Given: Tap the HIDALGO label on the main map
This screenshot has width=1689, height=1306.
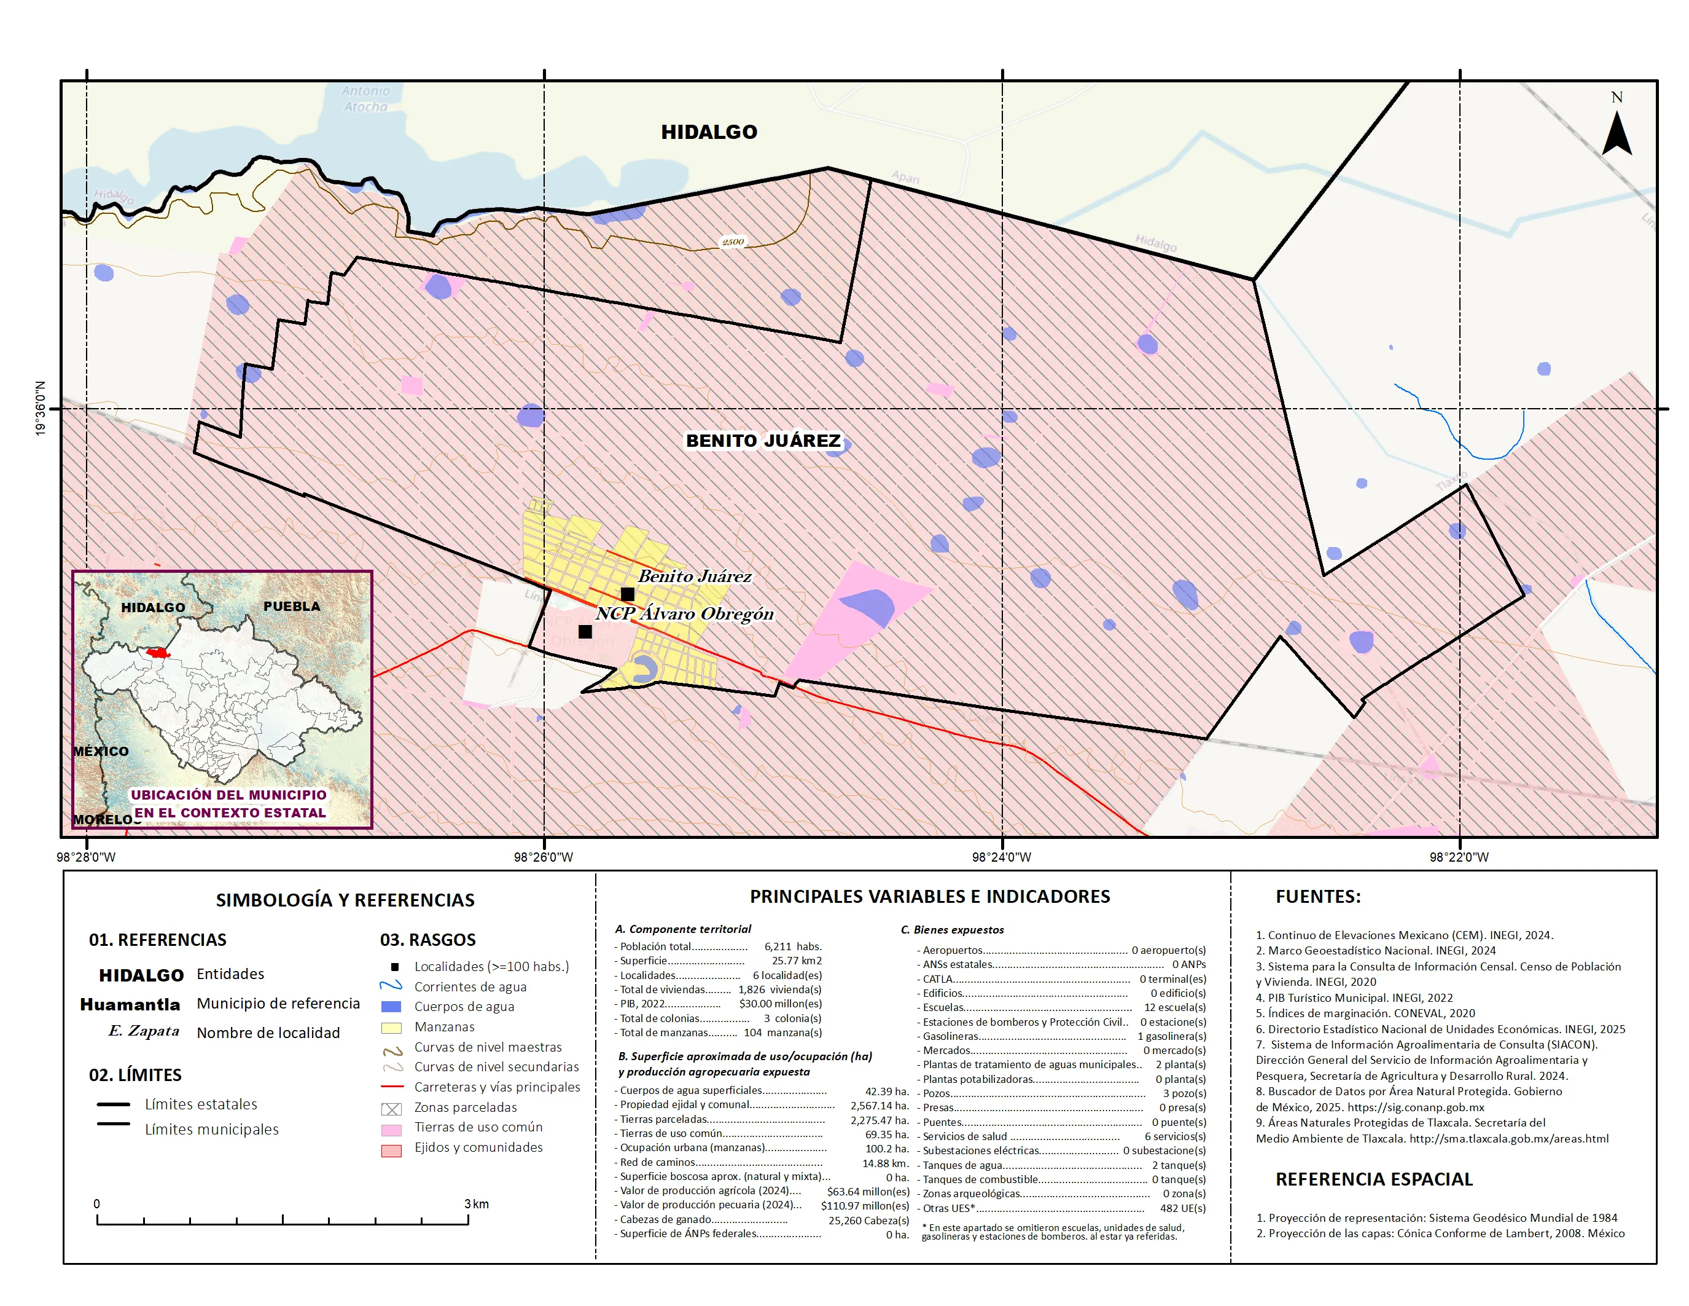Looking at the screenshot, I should coord(708,132).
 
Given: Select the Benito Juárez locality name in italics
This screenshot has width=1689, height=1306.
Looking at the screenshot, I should coord(695,576).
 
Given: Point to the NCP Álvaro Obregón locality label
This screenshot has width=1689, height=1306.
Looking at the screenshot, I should coord(684,613).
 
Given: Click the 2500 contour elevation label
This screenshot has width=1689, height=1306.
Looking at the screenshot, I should coord(732,242).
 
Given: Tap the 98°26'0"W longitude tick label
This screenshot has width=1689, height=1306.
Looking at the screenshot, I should coord(544,857).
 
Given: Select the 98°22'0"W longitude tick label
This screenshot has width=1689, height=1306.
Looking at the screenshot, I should coord(1459,857).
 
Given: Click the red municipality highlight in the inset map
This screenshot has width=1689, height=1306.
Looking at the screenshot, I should coord(158,653).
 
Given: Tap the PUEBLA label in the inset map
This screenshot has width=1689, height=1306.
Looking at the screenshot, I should coord(292,607).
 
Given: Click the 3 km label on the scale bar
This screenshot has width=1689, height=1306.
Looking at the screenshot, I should coord(477,1204).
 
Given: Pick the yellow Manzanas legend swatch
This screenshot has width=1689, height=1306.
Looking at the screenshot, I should coord(391,1028).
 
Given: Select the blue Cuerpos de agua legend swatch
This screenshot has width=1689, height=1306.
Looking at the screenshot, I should coord(391,1007).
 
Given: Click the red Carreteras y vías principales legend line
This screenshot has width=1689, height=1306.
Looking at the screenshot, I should coord(392,1087).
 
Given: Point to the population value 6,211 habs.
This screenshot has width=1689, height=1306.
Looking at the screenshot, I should coord(793,946).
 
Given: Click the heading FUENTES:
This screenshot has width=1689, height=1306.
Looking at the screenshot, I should coord(1318,897).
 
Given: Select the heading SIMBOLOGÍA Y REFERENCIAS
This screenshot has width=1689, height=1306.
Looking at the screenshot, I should coord(345,900).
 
